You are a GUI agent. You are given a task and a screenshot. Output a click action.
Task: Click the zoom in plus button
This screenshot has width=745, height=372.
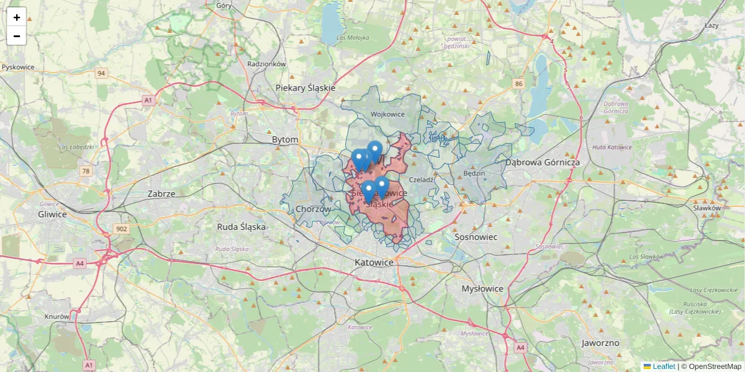(17, 17)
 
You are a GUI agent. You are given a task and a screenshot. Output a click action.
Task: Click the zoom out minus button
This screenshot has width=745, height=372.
(17, 36)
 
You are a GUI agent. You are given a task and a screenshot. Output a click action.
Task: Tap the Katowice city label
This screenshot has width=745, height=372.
(374, 262)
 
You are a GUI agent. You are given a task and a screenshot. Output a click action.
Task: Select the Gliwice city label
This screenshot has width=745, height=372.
(52, 214)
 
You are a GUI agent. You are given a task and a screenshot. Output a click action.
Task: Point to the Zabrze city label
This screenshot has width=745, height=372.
(161, 193)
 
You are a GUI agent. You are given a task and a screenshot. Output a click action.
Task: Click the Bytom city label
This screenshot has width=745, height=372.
(285, 140)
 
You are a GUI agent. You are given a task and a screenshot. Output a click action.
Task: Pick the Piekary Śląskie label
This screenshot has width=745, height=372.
(305, 88)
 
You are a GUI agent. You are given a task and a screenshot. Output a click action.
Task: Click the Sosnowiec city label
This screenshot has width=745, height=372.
(476, 237)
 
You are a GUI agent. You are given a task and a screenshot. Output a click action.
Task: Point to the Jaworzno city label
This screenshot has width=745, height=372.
(600, 343)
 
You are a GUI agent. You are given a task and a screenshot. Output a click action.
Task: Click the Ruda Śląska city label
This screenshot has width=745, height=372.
(241, 227)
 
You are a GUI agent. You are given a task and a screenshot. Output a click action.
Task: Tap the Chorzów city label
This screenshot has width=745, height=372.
(314, 209)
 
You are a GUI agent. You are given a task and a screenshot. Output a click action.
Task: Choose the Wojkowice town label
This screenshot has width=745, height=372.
(387, 114)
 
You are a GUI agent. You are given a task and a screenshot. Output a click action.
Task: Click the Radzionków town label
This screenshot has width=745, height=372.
(266, 64)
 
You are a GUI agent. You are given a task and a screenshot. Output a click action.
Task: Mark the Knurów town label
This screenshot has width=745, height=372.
(57, 316)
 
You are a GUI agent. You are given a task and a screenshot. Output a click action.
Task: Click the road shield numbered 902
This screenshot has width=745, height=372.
(121, 229)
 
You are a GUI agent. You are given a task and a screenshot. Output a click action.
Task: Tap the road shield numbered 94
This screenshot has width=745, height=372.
(101, 73)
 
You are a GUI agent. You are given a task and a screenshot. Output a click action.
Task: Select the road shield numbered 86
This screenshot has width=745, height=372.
(519, 83)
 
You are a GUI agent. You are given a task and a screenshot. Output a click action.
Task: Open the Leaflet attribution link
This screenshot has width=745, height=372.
(663, 366)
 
